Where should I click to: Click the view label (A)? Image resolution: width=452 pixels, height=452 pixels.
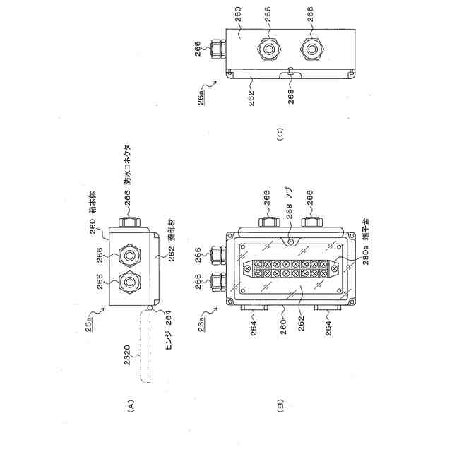coord(129,405)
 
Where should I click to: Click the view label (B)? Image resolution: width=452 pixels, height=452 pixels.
coord(282,405)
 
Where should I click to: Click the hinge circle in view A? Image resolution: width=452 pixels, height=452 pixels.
coord(153,309)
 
